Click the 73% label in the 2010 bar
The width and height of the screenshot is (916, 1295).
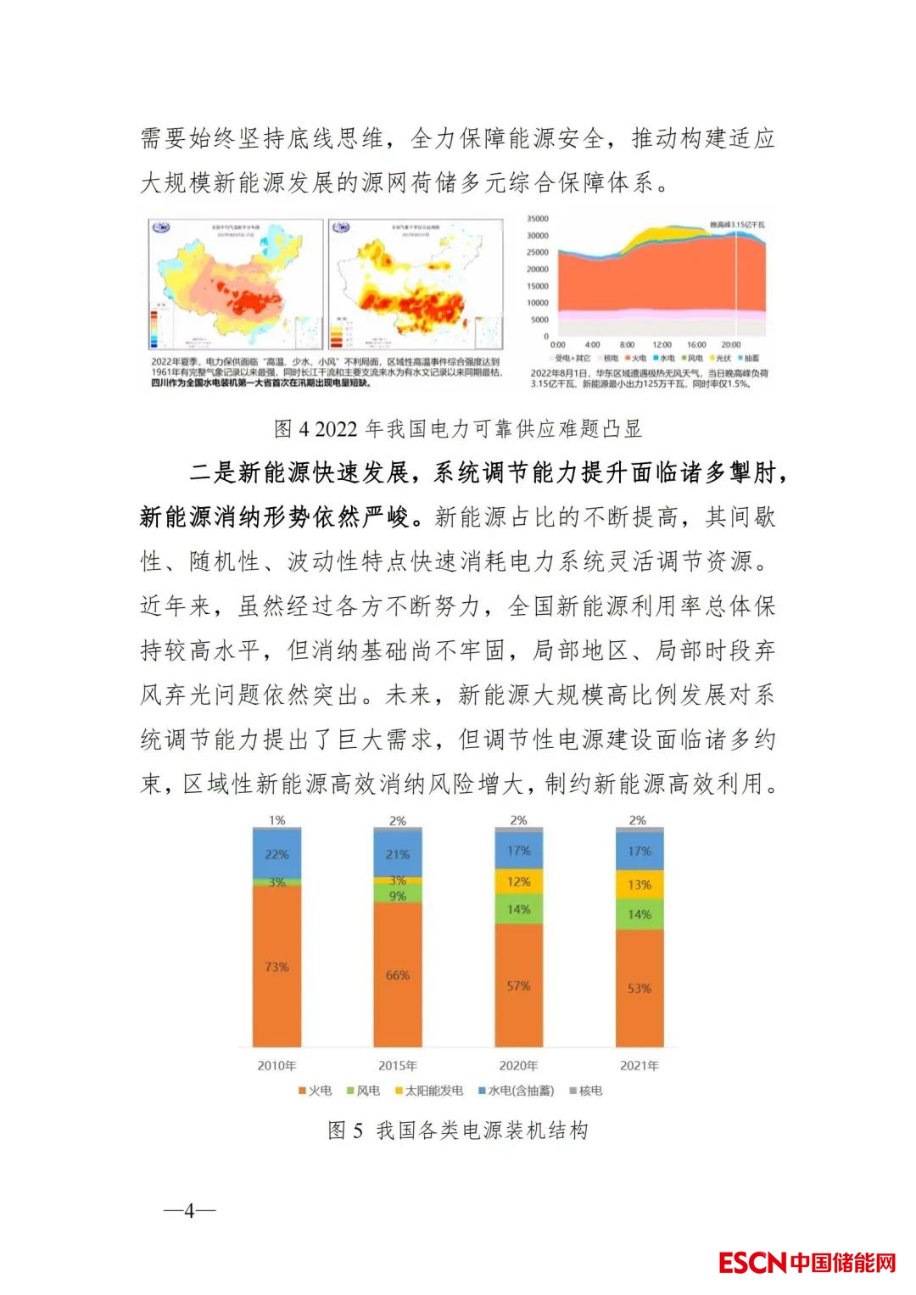tap(276, 967)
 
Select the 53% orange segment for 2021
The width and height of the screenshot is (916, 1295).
tap(640, 988)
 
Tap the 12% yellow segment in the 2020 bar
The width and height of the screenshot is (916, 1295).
tap(518, 882)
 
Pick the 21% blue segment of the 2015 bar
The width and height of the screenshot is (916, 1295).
tap(397, 854)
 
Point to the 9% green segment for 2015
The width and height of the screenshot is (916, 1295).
tap(397, 896)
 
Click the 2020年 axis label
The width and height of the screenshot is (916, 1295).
tap(518, 1065)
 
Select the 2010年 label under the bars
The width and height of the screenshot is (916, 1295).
tap(276, 1065)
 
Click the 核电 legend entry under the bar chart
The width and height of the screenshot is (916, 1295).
tap(586, 1091)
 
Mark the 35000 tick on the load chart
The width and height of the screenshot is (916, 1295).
tap(538, 219)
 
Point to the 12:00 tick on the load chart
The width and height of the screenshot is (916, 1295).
tap(662, 345)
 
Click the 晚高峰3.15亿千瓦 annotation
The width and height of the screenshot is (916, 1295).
tap(737, 225)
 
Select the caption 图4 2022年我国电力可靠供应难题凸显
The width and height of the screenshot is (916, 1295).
tap(458, 429)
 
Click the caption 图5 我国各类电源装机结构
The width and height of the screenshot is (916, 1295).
tap(458, 1130)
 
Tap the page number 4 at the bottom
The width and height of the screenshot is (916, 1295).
tap(189, 1211)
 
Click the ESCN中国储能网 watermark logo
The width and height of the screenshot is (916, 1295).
tap(807, 1263)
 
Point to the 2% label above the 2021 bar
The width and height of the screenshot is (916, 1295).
tap(638, 820)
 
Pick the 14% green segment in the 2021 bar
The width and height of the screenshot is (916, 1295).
tap(640, 914)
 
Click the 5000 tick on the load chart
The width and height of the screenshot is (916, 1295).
tap(540, 320)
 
